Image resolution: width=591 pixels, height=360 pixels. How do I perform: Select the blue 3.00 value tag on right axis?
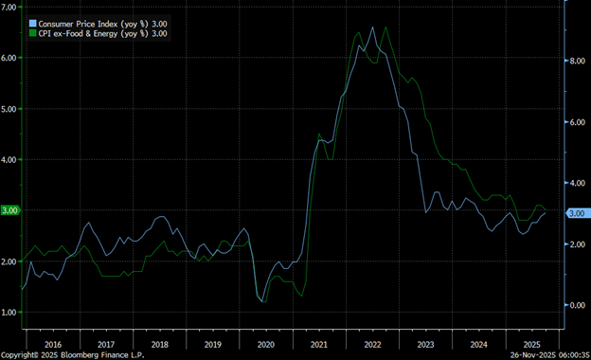click(577, 214)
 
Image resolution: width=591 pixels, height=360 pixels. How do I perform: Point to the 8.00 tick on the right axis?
click(576, 61)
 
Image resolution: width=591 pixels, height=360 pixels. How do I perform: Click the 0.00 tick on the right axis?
click(576, 305)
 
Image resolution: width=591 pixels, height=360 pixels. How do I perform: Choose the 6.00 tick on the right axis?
click(576, 122)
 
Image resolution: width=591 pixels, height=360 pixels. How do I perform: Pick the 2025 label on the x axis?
click(532, 345)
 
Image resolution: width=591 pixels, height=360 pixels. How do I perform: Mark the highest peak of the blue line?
click(372, 27)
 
